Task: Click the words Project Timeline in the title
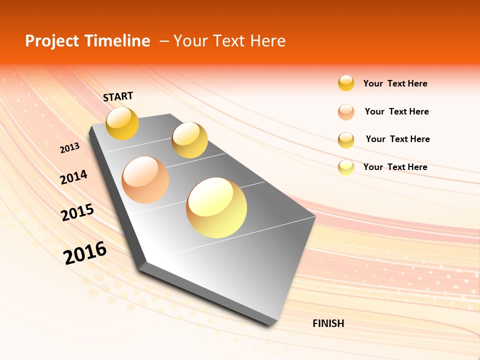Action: [87, 41]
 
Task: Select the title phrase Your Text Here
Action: [229, 41]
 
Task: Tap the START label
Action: [118, 96]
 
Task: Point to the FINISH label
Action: [328, 323]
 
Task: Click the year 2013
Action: [69, 148]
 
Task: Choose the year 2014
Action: [73, 177]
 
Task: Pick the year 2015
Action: [77, 212]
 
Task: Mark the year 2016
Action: [85, 252]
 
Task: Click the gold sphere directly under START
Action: [122, 123]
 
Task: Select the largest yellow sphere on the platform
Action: [216, 207]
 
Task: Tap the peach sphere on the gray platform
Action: [145, 179]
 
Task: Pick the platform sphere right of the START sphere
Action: [189, 140]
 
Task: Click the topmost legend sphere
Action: [346, 83]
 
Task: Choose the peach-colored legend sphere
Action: [346, 112]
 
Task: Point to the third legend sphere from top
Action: [346, 140]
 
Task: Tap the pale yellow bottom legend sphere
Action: [346, 167]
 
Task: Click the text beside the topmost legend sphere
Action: [395, 83]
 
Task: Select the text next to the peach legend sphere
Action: [396, 111]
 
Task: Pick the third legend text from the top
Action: [397, 139]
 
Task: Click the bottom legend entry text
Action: [395, 167]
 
